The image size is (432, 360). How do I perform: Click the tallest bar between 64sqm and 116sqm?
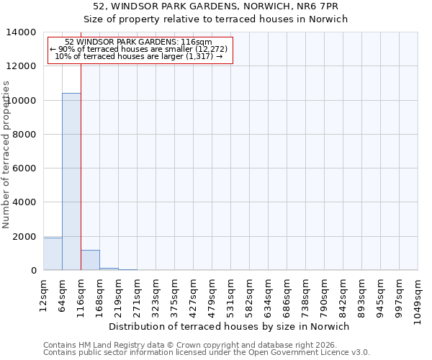(71, 181)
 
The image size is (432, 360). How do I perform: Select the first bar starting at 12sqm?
(53, 254)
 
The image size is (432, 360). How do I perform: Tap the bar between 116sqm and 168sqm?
(90, 260)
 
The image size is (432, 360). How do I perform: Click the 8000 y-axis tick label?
(25, 135)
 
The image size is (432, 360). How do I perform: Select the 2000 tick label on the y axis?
(25, 237)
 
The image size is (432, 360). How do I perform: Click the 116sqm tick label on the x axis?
(81, 294)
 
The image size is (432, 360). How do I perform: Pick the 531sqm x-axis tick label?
(231, 294)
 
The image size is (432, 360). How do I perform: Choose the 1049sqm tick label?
(418, 297)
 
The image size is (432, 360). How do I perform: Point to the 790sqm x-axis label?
(325, 294)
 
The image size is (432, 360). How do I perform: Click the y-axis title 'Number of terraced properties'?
(6, 154)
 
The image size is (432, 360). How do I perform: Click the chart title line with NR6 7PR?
(216, 6)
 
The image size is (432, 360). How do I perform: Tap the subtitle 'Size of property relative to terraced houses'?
(216, 19)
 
